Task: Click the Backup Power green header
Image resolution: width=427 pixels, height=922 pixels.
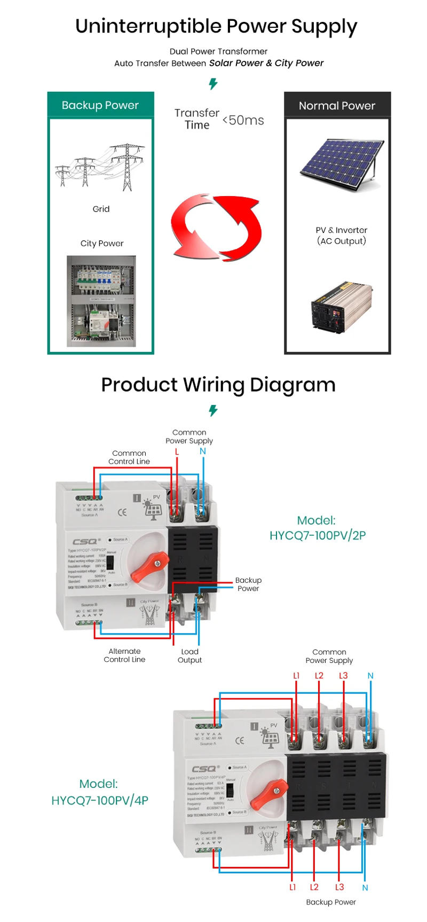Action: (100, 105)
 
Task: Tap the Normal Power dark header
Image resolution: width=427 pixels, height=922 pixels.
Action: (337, 106)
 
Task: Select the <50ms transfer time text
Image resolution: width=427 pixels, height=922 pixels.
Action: (243, 120)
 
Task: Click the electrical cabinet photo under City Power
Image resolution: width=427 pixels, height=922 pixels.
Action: (101, 301)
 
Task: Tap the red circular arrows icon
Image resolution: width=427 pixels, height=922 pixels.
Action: (216, 228)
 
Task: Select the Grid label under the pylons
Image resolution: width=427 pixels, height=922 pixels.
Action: (101, 209)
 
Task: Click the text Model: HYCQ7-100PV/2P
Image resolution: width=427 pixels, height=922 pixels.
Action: (317, 528)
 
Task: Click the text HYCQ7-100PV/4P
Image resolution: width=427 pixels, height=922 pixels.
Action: (100, 800)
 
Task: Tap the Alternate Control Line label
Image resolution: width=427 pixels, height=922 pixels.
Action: (124, 655)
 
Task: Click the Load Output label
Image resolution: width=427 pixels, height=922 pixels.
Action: (189, 656)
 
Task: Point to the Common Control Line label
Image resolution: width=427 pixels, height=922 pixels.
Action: (129, 457)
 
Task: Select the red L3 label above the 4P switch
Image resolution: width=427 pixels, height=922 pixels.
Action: (343, 676)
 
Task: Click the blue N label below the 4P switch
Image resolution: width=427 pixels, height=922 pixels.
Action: (365, 888)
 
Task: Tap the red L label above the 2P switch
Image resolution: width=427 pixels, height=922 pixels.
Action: (177, 452)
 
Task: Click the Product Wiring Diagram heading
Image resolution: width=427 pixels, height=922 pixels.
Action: (218, 385)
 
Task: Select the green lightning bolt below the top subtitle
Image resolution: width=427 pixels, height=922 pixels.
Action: (213, 84)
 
